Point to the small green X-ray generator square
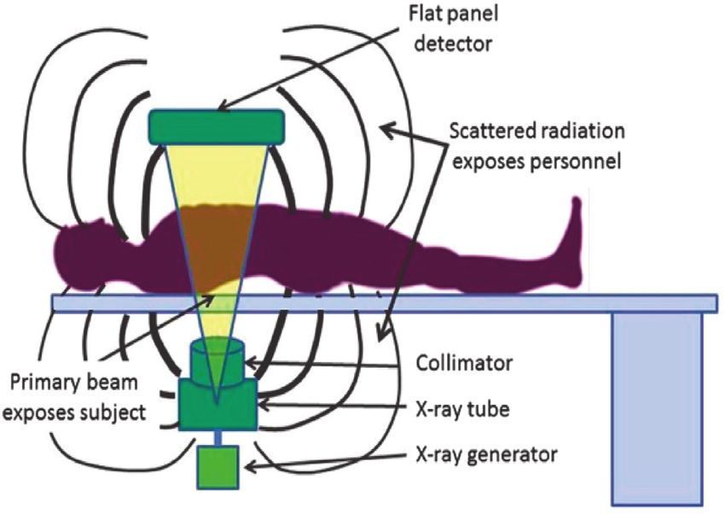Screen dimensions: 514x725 point(218,467)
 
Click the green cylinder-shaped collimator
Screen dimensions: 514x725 point(218,359)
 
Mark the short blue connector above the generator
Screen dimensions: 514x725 point(218,437)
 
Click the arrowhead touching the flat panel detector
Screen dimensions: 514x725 point(221,108)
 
